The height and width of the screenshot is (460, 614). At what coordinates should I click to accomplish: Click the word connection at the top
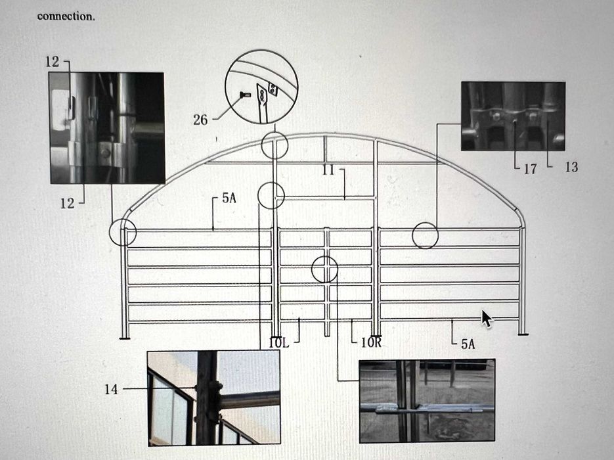(x=66, y=16)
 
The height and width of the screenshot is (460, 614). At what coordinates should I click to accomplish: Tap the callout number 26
(x=200, y=120)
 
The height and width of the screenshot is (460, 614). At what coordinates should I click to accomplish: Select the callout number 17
(x=531, y=169)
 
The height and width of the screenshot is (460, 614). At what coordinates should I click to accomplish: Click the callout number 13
(x=571, y=168)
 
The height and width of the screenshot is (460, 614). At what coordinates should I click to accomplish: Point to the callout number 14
(x=111, y=389)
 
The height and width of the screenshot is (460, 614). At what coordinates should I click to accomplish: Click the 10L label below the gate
(x=279, y=343)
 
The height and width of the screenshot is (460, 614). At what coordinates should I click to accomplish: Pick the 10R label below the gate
(x=371, y=342)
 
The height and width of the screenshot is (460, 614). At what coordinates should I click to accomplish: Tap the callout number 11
(x=328, y=170)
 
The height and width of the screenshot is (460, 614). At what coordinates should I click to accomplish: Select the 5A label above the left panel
(x=229, y=198)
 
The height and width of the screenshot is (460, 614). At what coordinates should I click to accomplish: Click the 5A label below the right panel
(x=468, y=344)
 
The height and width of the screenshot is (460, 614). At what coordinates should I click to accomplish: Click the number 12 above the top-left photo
(x=52, y=62)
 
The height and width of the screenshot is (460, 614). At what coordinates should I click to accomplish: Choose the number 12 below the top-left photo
(x=67, y=203)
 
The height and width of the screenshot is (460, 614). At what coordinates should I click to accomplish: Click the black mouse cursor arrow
(x=487, y=319)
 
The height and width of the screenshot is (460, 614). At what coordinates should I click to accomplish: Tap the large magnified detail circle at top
(x=225, y=87)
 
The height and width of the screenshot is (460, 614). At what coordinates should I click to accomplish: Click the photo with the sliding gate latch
(x=428, y=400)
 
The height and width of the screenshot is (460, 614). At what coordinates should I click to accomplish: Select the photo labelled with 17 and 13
(x=513, y=116)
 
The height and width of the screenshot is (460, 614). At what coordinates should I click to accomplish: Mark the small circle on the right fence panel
(x=412, y=235)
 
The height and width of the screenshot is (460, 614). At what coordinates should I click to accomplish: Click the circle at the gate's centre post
(x=312, y=269)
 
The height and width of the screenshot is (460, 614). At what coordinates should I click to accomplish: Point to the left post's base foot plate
(x=124, y=337)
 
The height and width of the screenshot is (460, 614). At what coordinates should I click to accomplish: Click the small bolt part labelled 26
(x=243, y=95)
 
